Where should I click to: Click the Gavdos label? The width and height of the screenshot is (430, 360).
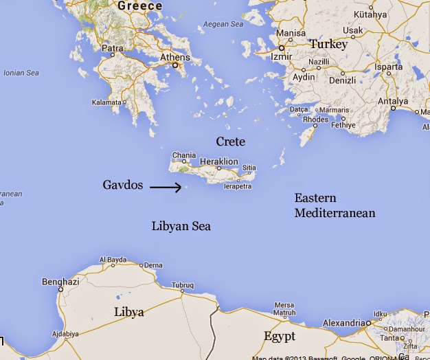pyautogui.click(x=122, y=185)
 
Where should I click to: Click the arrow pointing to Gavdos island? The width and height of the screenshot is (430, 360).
pyautogui.click(x=166, y=186)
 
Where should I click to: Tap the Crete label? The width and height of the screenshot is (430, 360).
pyautogui.click(x=230, y=142)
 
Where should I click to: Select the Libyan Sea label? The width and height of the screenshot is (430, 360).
pyautogui.click(x=181, y=226)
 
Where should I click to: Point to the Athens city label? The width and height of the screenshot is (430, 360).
pyautogui.click(x=174, y=57)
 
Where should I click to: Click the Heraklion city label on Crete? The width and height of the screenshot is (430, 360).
pyautogui.click(x=218, y=161)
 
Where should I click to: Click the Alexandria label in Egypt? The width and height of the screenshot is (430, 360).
pyautogui.click(x=344, y=323)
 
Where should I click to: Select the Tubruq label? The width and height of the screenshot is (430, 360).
pyautogui.click(x=183, y=284)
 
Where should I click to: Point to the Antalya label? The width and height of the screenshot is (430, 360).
pyautogui.click(x=394, y=102)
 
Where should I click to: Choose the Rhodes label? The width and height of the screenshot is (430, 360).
pyautogui.click(x=316, y=120)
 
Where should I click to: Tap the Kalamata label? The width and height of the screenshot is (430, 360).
pyautogui.click(x=106, y=102)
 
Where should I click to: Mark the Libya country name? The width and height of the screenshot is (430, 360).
pyautogui.click(x=129, y=313)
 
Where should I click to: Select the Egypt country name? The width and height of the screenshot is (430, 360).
pyautogui.click(x=280, y=337)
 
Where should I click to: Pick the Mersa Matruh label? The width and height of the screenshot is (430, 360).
pyautogui.click(x=284, y=310)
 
